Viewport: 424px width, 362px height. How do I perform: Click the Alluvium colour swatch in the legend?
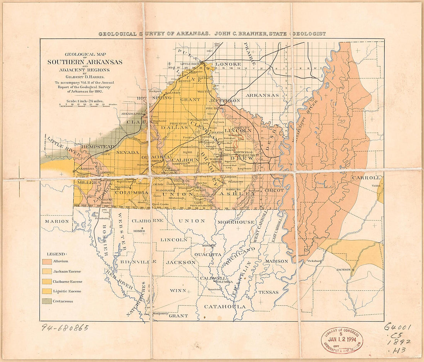(47, 262)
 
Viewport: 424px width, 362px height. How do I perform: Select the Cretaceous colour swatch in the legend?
(47, 301)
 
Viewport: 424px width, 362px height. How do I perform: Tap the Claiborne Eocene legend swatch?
(47, 281)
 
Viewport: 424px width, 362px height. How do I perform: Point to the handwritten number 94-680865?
(65, 328)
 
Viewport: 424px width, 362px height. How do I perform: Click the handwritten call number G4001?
(397, 327)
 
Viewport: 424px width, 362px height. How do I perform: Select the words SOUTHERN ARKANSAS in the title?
(85, 62)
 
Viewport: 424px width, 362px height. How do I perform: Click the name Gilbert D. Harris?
(85, 77)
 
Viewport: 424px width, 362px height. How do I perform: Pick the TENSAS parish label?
(268, 292)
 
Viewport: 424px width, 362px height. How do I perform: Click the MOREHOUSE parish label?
(236, 222)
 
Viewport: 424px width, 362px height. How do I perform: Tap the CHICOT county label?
(274, 190)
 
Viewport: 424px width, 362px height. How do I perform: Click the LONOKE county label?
(228, 64)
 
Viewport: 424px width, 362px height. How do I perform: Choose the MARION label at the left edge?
(57, 221)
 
